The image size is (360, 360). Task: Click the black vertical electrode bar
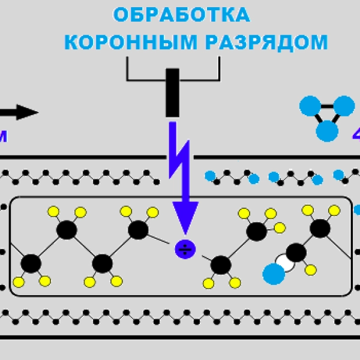click(x=172, y=92)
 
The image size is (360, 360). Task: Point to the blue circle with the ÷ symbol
click(x=184, y=249)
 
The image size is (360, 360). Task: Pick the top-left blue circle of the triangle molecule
click(x=310, y=107)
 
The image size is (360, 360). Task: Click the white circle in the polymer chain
click(x=284, y=262)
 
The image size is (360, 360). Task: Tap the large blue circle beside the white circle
click(x=274, y=274)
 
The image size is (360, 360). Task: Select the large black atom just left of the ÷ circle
click(x=138, y=230)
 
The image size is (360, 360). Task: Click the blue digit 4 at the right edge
click(x=356, y=133)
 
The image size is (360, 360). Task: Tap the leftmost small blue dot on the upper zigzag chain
click(x=209, y=176)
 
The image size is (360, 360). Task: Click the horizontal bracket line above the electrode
click(x=172, y=79)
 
